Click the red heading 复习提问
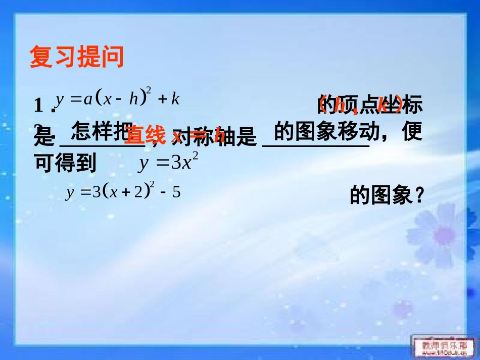tap(77, 57)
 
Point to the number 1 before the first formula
tap(38, 106)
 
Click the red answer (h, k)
tap(360, 106)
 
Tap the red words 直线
tap(146, 135)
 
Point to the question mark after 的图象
tap(418, 196)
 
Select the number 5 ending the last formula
tap(176, 193)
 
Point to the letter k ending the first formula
tap(175, 98)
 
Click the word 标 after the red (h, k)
tap(412, 106)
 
